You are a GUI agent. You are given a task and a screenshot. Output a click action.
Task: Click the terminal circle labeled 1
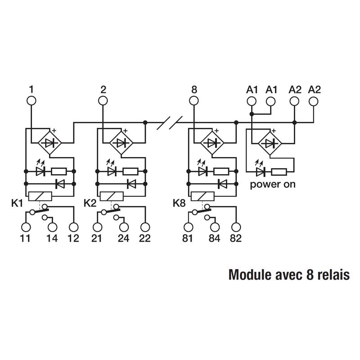point(31,100)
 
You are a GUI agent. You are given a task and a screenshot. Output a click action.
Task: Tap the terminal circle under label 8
point(194,100)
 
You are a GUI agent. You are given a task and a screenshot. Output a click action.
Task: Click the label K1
point(17,202)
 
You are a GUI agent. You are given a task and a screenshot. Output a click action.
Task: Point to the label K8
point(180,202)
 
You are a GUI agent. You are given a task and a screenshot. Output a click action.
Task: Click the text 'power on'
point(273,184)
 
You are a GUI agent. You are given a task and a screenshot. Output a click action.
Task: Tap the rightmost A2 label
point(315,90)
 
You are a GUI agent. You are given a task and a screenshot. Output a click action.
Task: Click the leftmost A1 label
point(252,90)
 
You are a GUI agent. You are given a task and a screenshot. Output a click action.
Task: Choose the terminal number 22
point(144,238)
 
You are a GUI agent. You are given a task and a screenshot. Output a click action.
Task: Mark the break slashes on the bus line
point(171,122)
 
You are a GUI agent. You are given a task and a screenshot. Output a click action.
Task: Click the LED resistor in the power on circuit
point(279,171)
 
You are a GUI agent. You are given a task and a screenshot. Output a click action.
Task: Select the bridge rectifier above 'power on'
point(270,143)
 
